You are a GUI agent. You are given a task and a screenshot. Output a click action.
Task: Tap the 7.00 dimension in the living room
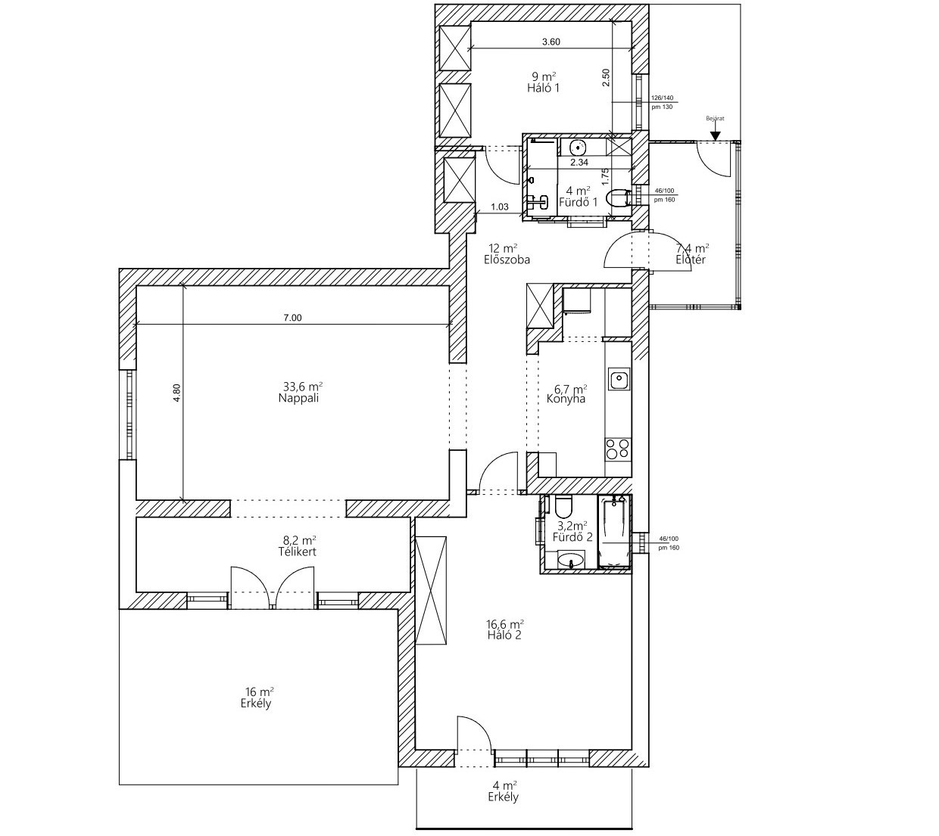tap(292, 318)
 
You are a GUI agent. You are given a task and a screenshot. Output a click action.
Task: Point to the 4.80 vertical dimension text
tap(176, 394)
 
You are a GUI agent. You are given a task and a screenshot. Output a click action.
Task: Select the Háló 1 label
tap(543, 88)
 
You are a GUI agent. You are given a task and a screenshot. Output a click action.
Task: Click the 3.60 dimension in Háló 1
tap(551, 42)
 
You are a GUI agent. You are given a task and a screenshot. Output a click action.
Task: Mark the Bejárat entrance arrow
tap(714, 137)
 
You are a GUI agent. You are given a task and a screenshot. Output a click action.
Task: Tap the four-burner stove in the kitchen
tap(617, 449)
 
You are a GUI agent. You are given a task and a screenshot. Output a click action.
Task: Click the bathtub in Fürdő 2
tap(613, 531)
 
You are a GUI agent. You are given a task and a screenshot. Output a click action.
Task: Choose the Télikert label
tap(297, 552)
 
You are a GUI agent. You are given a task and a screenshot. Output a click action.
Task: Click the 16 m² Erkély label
tap(258, 704)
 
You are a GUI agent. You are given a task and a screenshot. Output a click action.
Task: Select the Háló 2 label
tap(505, 635)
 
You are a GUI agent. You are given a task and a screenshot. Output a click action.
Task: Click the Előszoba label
tap(506, 259)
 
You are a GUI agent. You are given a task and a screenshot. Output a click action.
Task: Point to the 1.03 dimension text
tap(499, 207)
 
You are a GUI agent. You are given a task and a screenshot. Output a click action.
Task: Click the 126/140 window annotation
tap(663, 98)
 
